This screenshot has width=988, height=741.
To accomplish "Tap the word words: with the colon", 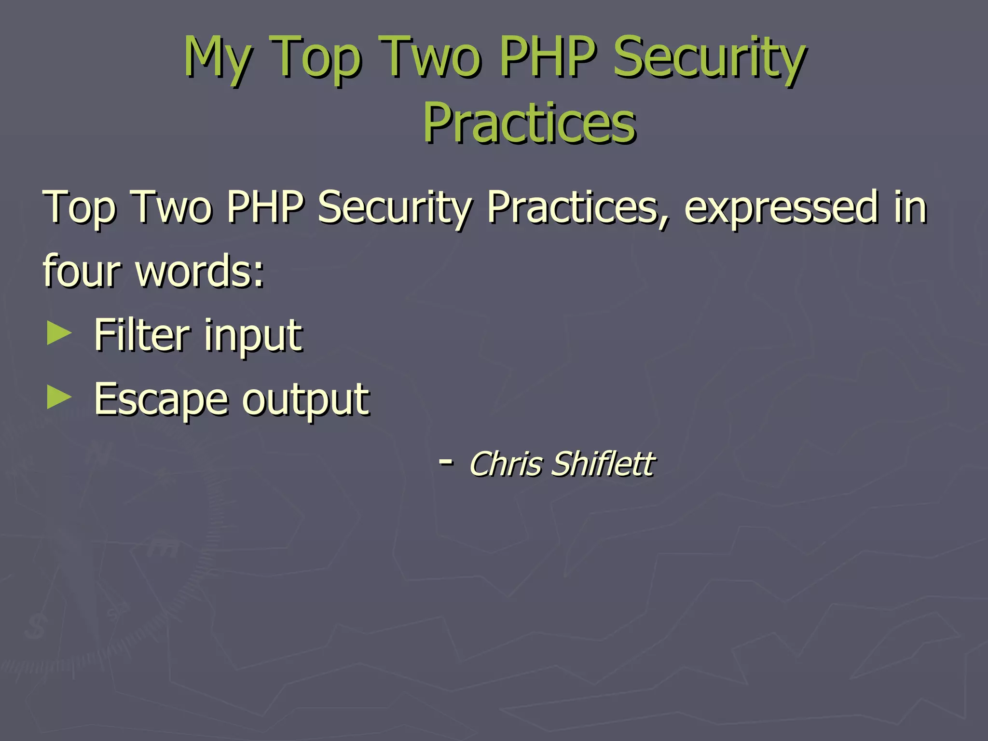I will point(200,271).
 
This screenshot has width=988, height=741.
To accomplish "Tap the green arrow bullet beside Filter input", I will point(59,334).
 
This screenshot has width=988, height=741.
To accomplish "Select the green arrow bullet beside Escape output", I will point(59,398).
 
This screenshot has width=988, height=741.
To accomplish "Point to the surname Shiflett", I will point(603,464).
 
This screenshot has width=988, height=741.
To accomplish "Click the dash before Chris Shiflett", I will point(445,462).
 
